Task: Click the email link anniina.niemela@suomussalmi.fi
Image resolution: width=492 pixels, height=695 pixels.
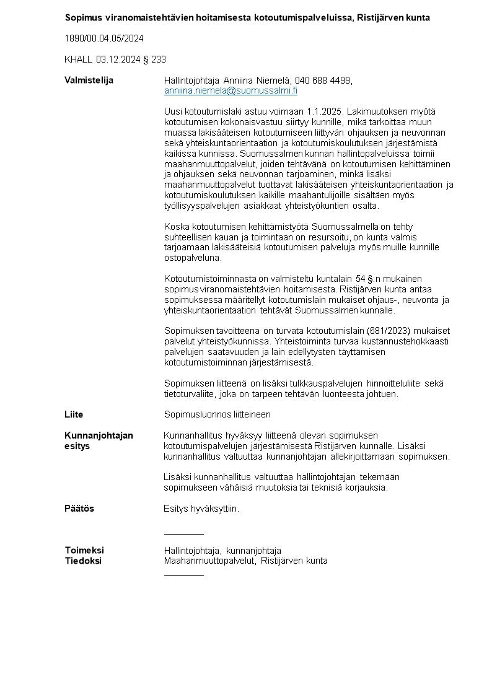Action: pos(231,90)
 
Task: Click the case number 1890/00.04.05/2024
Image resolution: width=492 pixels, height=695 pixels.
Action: pos(104,38)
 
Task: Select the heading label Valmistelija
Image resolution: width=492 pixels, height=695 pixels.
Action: pos(89,80)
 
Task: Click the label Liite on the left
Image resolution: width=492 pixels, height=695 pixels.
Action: pos(74,414)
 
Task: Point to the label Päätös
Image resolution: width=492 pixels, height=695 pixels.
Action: pos(79,509)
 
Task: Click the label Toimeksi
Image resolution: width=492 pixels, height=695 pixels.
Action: pos(84,550)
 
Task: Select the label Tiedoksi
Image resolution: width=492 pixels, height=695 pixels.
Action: pos(83,561)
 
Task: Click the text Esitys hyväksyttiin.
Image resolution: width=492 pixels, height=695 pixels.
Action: pos(201,509)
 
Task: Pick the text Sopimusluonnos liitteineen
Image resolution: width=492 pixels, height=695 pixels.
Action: pos(217,414)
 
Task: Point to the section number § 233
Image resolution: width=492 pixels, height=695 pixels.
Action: pos(159,59)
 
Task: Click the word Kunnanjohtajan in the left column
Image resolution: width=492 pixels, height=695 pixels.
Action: pos(99,435)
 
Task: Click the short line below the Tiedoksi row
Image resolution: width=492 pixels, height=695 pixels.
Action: pos(183,575)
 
